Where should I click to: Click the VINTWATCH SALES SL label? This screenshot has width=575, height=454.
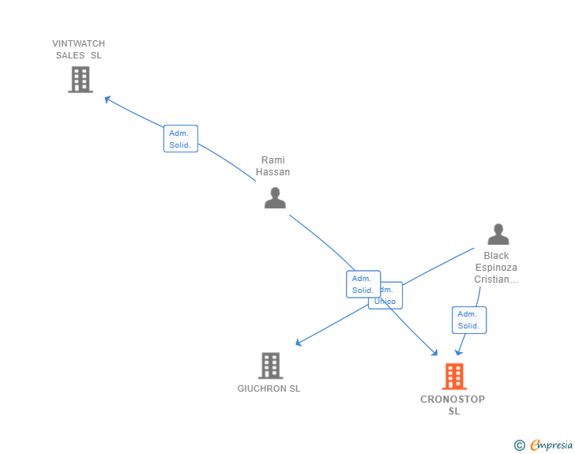(78, 50)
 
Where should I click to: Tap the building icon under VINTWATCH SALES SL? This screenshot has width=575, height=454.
(80, 80)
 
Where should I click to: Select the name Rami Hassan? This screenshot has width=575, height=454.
(272, 166)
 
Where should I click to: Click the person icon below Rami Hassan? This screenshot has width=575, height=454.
(275, 197)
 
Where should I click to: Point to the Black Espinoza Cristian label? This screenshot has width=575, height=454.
(496, 267)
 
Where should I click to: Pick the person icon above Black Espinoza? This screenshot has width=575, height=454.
(498, 235)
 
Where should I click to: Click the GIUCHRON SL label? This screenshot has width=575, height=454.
(269, 388)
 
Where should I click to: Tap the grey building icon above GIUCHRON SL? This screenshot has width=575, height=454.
(270, 366)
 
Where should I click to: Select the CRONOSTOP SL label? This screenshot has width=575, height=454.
(453, 405)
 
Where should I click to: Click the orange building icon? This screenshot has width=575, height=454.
(454, 377)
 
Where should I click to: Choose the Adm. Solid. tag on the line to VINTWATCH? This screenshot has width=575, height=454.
(180, 139)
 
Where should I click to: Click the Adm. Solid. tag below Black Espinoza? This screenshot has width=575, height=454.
(468, 320)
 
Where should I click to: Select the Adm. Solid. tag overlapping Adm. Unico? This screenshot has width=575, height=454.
(363, 284)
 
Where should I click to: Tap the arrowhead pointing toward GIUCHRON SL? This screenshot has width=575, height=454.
(299, 343)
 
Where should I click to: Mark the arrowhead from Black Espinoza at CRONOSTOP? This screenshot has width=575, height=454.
(457, 352)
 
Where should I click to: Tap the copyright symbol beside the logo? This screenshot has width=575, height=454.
(519, 445)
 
